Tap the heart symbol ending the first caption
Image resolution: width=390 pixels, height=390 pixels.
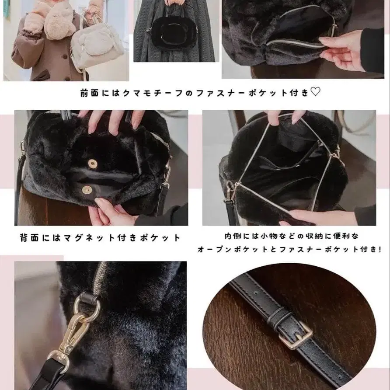click(x=315, y=92)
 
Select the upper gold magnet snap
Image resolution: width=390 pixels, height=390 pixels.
click(x=92, y=164)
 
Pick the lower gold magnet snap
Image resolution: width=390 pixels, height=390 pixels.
click(x=87, y=189)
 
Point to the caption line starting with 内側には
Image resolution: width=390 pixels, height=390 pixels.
click(x=291, y=236)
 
